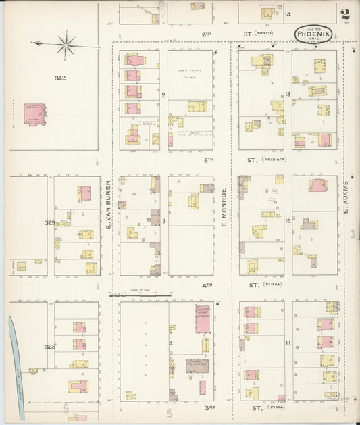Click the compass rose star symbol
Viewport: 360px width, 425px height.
point(66,45)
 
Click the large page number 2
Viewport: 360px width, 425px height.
point(344,14)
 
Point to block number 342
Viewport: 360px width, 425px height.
point(61,79)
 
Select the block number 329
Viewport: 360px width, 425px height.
point(50,222)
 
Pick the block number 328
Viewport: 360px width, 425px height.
point(50,345)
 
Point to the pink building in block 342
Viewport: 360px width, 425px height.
point(34,113)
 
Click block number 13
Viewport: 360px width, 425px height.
point(288,94)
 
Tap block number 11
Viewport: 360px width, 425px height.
point(288,344)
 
